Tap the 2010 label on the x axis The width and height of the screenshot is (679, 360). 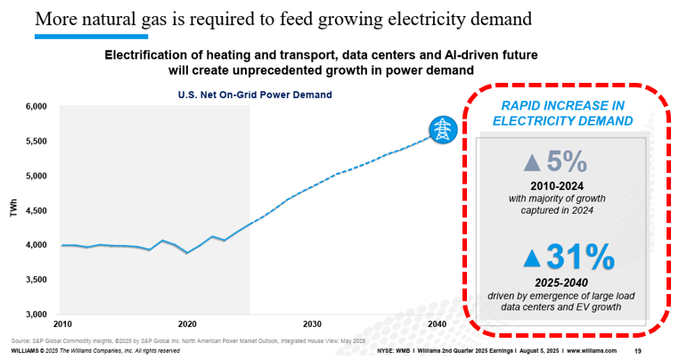click(x=61, y=323)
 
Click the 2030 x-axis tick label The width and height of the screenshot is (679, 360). click(x=312, y=323)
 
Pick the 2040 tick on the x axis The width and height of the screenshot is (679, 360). click(x=437, y=323)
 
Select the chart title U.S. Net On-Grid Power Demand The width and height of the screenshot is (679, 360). click(x=231, y=94)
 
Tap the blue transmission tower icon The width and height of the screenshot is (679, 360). click(x=441, y=130)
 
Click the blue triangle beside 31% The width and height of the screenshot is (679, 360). click(x=532, y=258)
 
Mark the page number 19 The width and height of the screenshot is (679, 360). click(x=638, y=351)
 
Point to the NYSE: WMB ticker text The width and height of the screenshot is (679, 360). click(x=401, y=351)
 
